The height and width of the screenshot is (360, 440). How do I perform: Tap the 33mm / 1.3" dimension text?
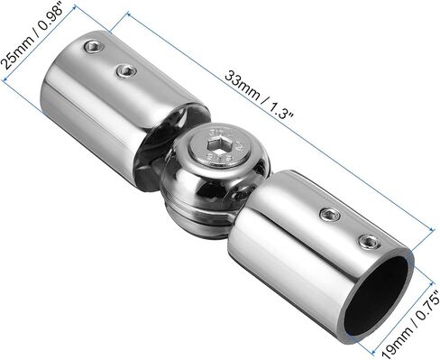[x=259, y=95]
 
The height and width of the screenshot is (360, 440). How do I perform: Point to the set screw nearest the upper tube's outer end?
[x=93, y=47]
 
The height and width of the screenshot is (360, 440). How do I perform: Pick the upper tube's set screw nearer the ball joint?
[x=127, y=71]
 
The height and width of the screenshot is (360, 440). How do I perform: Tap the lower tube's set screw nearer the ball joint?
[x=330, y=214]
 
